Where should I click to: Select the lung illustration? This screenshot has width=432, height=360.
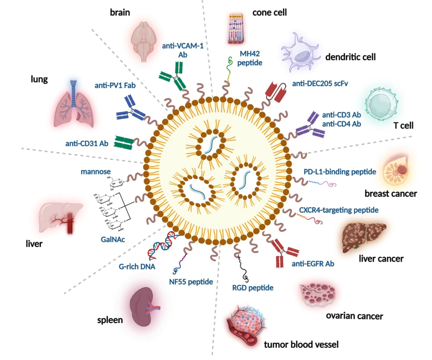74,103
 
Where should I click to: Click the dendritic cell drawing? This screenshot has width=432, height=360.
300,54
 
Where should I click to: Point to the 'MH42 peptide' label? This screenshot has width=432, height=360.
251,58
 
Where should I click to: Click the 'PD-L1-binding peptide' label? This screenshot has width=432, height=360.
340,171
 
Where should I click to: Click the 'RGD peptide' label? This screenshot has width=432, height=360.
253,287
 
